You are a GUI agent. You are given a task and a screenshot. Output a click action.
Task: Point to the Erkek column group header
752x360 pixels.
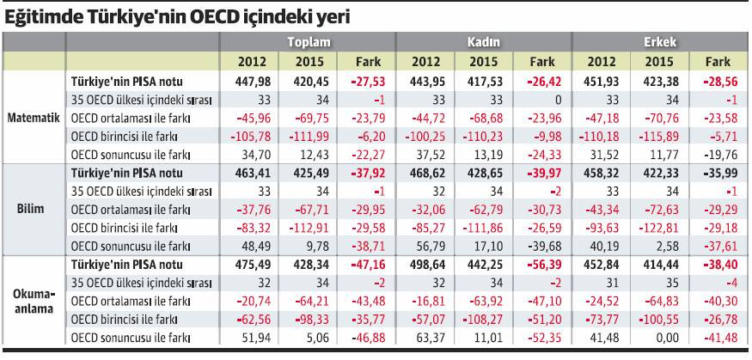click(659, 42)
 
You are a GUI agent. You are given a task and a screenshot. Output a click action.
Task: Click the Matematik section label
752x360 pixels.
click(34, 118)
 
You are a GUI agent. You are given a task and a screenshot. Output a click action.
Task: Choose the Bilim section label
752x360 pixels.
click(34, 209)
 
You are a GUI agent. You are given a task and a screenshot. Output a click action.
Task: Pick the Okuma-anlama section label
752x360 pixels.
click(34, 300)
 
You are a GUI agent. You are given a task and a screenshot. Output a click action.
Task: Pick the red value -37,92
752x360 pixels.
click(366, 173)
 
